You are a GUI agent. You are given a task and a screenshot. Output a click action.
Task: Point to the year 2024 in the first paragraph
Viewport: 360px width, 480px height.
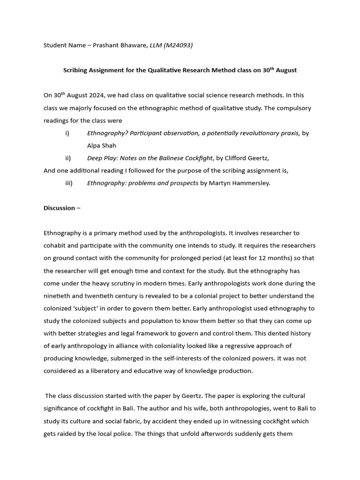point(100,95)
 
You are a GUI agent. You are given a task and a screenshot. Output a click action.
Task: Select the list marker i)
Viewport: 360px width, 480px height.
point(67,133)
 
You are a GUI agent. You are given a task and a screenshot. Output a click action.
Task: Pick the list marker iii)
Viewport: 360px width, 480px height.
point(69,183)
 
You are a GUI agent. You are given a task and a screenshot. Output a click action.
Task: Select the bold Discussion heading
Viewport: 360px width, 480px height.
point(59,208)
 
